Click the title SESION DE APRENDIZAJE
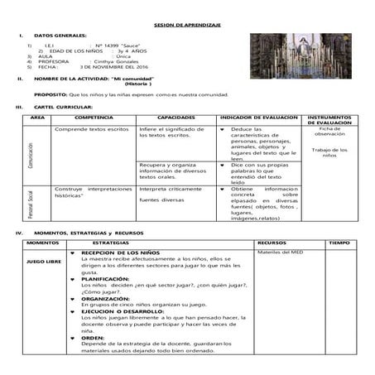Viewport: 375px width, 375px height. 186,26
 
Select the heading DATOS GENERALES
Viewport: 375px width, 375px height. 60,36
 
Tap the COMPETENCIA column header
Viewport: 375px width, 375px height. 94,118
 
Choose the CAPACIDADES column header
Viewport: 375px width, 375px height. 175,118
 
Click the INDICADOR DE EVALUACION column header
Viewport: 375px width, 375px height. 258,118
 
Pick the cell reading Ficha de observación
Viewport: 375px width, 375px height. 329,132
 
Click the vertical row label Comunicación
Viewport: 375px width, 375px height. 31,155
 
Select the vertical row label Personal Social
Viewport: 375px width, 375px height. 31,204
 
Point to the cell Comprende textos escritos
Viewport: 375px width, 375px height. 91,129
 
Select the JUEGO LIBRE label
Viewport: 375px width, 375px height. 43,262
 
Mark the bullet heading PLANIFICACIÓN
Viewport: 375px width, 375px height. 105,279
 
